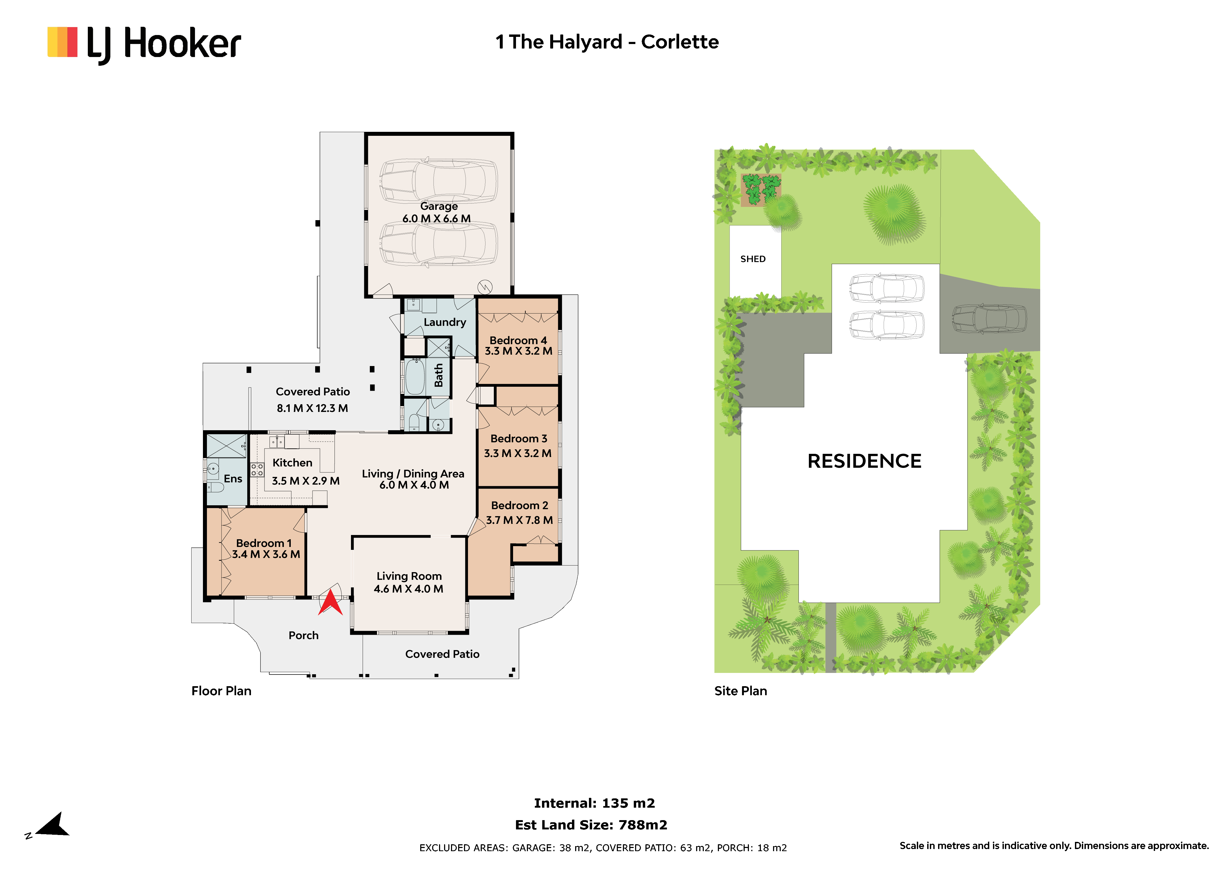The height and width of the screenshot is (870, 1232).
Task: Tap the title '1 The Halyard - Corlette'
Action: [x=607, y=42]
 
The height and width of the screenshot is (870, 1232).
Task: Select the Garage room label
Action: [x=439, y=207]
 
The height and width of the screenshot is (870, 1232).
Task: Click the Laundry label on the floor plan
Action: [x=445, y=322]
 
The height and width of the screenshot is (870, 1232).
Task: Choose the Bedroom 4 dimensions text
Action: [x=518, y=351]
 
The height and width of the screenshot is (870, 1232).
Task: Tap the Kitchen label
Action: [x=292, y=463]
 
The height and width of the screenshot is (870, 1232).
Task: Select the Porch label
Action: [x=304, y=636]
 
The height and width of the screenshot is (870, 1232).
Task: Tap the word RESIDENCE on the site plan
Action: [x=864, y=461]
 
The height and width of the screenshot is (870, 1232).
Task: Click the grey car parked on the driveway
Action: [x=989, y=320]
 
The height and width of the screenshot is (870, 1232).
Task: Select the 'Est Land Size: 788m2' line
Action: [x=591, y=825]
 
